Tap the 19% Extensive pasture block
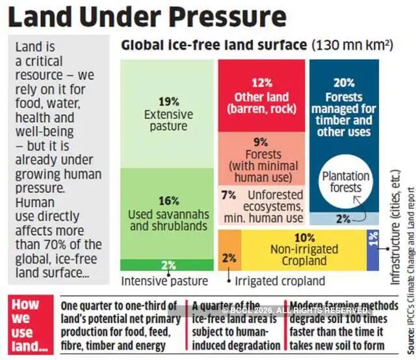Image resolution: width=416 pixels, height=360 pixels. tap(168, 114)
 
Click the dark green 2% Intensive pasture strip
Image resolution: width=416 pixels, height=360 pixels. tap(168, 264)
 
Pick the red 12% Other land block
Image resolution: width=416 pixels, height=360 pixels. tap(261, 95)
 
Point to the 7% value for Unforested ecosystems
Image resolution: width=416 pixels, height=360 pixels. tap(228, 194)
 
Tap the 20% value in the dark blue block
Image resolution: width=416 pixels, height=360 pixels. tap(344, 83)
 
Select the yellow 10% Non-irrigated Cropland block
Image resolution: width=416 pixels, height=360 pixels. tap(304, 250)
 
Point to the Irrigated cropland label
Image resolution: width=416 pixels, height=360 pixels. tap(279, 281)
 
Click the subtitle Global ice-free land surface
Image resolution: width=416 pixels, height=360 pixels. tap(214, 45)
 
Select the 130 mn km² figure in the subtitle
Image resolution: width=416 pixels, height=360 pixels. tap(352, 45)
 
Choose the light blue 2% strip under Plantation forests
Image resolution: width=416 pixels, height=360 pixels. tap(344, 219)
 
